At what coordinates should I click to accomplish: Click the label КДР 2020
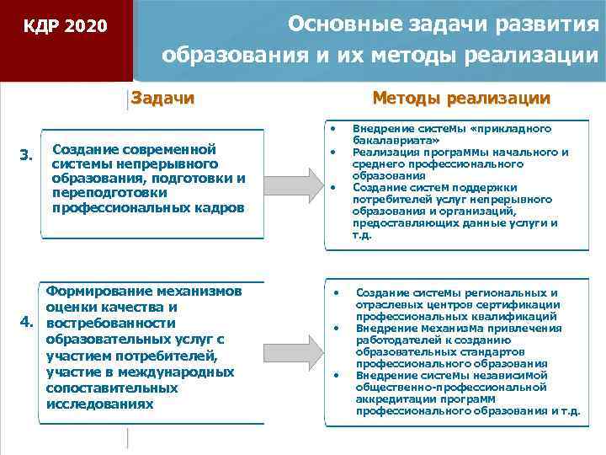(65, 27)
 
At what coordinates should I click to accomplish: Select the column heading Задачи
(163, 99)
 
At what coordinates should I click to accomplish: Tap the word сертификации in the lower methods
(521, 304)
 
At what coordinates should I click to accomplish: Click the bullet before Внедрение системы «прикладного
(334, 129)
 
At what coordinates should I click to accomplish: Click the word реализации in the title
(531, 56)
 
